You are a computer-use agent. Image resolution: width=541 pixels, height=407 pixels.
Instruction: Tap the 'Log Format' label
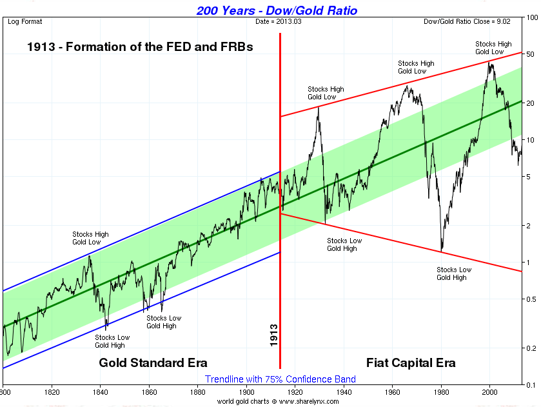click(25, 21)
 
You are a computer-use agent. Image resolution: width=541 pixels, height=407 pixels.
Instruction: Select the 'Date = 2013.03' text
click(279, 21)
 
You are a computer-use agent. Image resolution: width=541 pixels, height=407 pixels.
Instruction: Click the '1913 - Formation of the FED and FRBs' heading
click(140, 47)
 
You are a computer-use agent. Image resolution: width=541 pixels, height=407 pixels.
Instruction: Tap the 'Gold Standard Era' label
click(153, 362)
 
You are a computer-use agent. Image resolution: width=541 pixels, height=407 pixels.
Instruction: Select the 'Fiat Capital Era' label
click(411, 362)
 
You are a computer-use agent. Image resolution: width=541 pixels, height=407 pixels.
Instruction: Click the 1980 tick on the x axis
click(441, 392)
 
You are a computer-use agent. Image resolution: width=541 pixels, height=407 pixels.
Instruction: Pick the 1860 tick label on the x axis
click(149, 392)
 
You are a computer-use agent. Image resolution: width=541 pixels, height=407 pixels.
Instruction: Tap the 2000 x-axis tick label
click(490, 392)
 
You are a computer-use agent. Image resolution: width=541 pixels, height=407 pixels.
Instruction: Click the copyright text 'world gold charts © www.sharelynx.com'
click(277, 401)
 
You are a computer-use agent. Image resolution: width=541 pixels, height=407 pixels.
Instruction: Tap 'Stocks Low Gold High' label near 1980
click(454, 273)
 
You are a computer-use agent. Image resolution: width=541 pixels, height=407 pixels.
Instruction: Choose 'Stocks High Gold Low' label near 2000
click(493, 48)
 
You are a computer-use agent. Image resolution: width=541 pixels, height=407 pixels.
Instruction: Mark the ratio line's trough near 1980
click(441, 251)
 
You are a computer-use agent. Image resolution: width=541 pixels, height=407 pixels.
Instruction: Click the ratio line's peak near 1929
click(319, 106)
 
